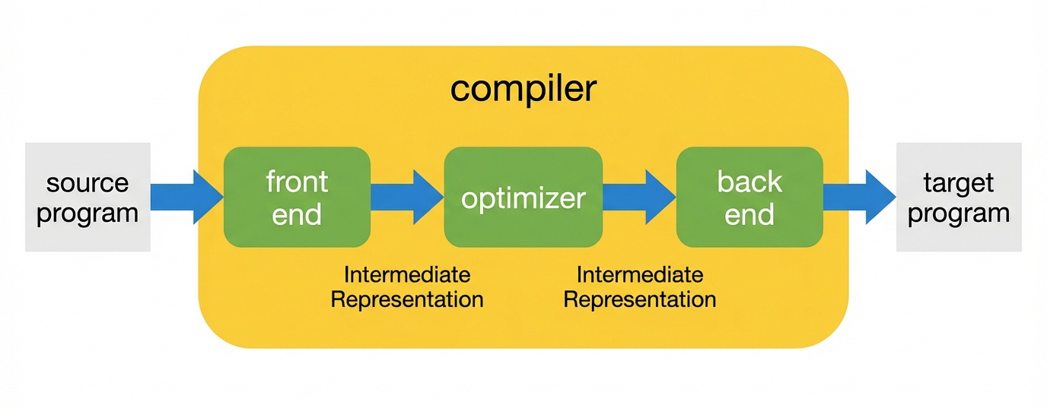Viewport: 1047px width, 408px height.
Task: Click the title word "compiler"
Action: pyautogui.click(x=523, y=89)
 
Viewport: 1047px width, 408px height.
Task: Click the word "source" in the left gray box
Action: pyautogui.click(x=88, y=183)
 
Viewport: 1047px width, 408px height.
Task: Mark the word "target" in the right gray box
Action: pyautogui.click(x=959, y=183)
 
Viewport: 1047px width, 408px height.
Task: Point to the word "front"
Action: pyautogui.click(x=297, y=182)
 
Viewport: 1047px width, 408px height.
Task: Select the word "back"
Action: pyautogui.click(x=749, y=182)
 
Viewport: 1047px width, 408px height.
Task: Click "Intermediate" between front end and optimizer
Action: pyautogui.click(x=407, y=274)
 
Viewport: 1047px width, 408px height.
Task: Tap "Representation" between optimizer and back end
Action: pyautogui.click(x=639, y=299)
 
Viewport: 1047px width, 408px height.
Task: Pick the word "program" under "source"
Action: pyautogui.click(x=88, y=213)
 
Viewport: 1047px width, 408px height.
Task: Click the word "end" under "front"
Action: pyautogui.click(x=297, y=214)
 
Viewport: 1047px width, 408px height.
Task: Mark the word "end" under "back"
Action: pyautogui.click(x=749, y=214)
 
